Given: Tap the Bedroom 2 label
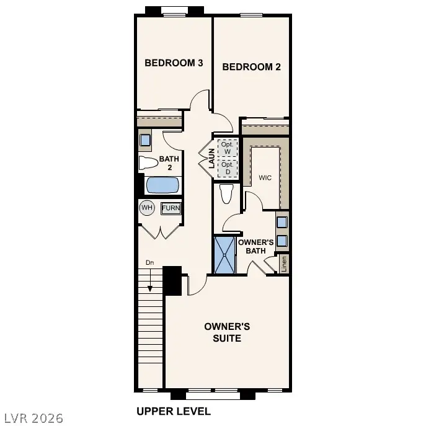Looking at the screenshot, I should click(x=251, y=67).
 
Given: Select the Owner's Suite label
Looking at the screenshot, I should click(x=227, y=332).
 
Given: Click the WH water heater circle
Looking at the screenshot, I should click(x=146, y=208).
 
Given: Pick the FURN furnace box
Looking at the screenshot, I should click(x=171, y=208).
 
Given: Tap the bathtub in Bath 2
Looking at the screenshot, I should click(x=162, y=185).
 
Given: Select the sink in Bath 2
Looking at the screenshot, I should click(x=145, y=140).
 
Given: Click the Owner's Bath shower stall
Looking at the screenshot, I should click(x=225, y=254).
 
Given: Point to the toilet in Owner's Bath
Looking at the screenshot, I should click(x=226, y=194).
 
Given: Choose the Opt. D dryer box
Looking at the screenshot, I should click(x=228, y=168).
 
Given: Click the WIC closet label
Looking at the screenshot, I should click(x=265, y=178).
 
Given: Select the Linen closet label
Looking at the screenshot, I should click(x=284, y=264).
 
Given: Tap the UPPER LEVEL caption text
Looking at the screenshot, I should click(x=174, y=411).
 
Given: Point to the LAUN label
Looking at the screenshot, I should click(x=211, y=158).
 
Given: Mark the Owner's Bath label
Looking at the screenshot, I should click(x=256, y=246).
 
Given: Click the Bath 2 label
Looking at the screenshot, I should click(x=169, y=163).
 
